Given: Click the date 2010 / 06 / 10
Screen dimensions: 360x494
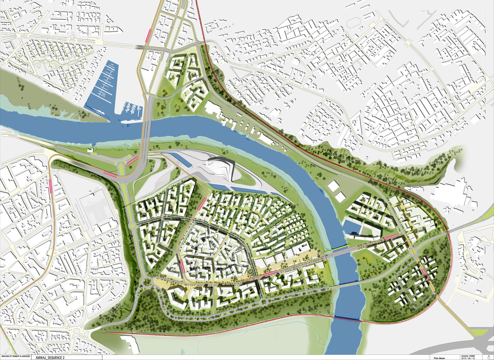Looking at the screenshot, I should [x=468, y=359].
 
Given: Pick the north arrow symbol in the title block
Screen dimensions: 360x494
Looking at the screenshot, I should [x=482, y=357].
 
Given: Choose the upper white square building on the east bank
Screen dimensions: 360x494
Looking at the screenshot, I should [x=333, y=186].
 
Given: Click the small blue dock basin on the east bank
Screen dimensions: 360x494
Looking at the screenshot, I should [x=352, y=229].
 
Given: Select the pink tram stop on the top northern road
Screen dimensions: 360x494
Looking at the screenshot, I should [x=149, y=36].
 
